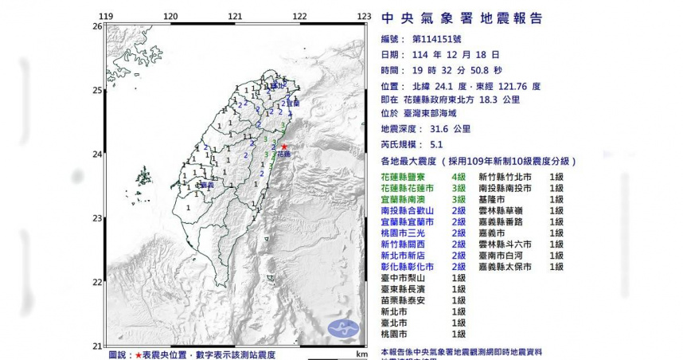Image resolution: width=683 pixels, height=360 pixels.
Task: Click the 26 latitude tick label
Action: [97, 26]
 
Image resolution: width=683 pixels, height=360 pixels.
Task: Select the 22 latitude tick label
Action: [97, 282]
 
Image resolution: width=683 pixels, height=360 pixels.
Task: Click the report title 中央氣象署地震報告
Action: [462, 18]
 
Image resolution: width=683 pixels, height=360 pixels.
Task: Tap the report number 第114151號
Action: [450, 38]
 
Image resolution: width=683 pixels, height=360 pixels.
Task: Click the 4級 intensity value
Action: [459, 176]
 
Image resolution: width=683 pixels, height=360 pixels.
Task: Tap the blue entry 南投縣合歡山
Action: [410, 210]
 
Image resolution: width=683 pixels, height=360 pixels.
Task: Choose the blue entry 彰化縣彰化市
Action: [410, 267]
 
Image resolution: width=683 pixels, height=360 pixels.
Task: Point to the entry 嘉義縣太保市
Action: [507, 267]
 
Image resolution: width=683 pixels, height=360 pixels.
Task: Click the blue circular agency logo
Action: [344, 327]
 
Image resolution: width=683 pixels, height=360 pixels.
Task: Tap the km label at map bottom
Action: [362, 353]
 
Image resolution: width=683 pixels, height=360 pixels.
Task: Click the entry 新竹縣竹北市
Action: [507, 176]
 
